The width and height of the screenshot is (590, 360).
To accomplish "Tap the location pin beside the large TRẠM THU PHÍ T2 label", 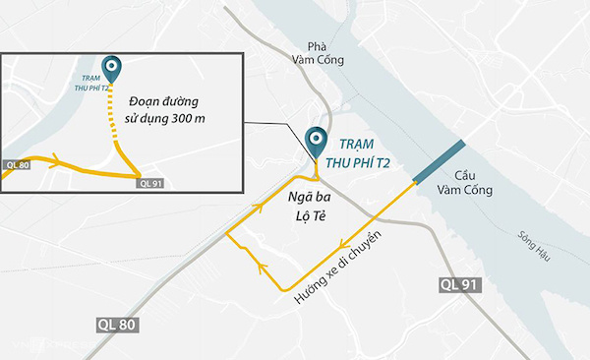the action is coord(316,141).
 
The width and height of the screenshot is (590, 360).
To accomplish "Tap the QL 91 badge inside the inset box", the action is coord(150,182).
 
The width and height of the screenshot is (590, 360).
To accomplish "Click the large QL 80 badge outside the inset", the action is coord(118,323).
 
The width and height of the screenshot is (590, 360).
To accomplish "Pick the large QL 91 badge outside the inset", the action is coord(460,285).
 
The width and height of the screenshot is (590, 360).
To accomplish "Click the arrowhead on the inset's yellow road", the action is coord(57,160).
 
